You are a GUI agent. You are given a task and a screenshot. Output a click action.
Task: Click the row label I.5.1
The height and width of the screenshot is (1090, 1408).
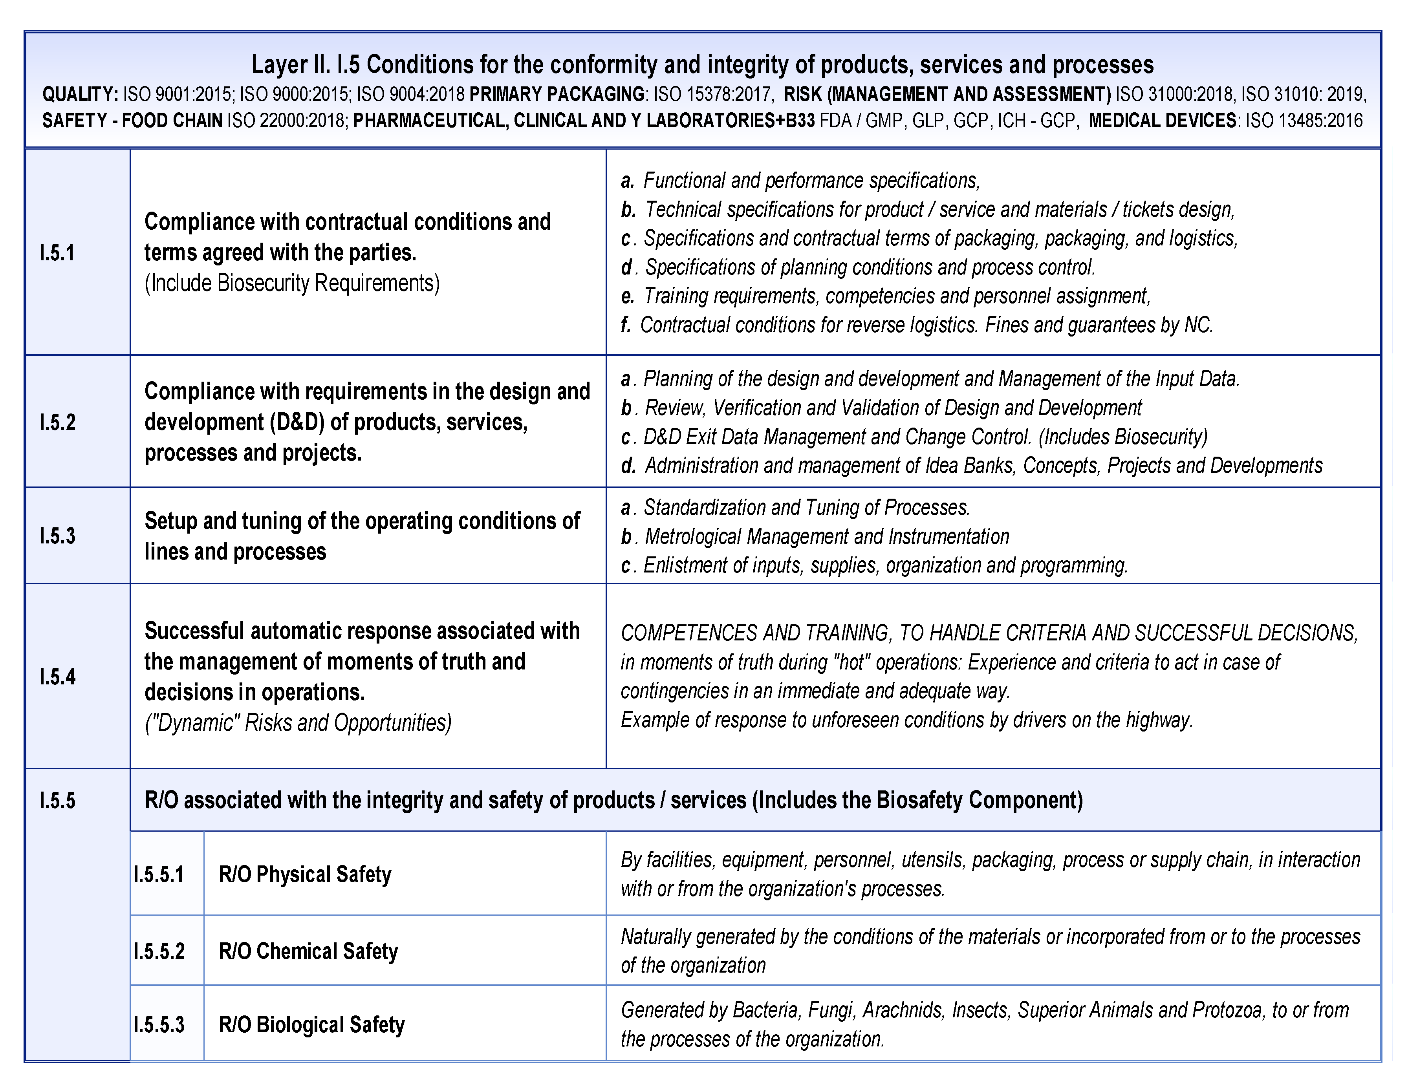click(57, 253)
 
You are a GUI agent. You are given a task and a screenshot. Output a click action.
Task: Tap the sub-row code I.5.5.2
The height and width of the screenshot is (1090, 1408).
click(159, 951)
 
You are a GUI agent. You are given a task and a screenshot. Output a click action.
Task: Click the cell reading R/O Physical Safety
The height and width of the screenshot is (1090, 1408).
click(305, 874)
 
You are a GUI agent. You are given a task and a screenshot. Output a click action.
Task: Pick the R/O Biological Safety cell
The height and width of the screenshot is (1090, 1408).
click(311, 1024)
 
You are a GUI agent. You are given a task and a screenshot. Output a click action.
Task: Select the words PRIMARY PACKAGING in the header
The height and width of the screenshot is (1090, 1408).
click(557, 94)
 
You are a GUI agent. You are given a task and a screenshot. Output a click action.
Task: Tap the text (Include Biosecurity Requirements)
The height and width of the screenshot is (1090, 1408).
click(292, 283)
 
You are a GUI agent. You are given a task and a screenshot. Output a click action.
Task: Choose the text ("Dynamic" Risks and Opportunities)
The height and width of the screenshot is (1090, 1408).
click(298, 722)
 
